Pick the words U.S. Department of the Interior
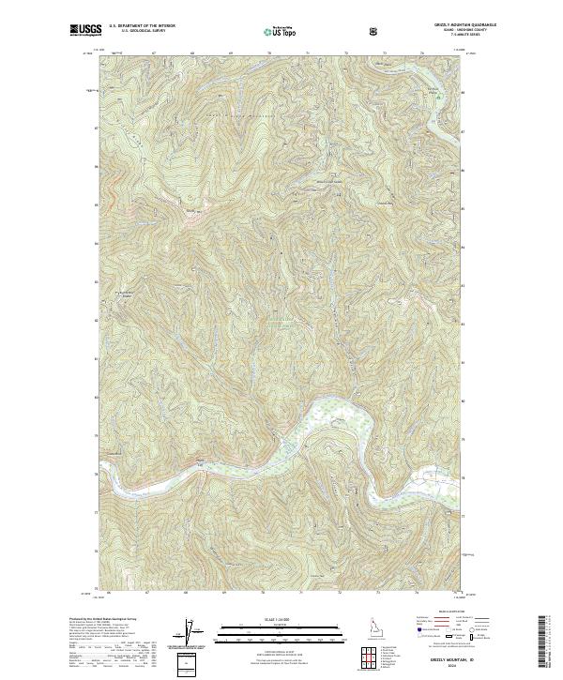pyautogui.click(x=141, y=26)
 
